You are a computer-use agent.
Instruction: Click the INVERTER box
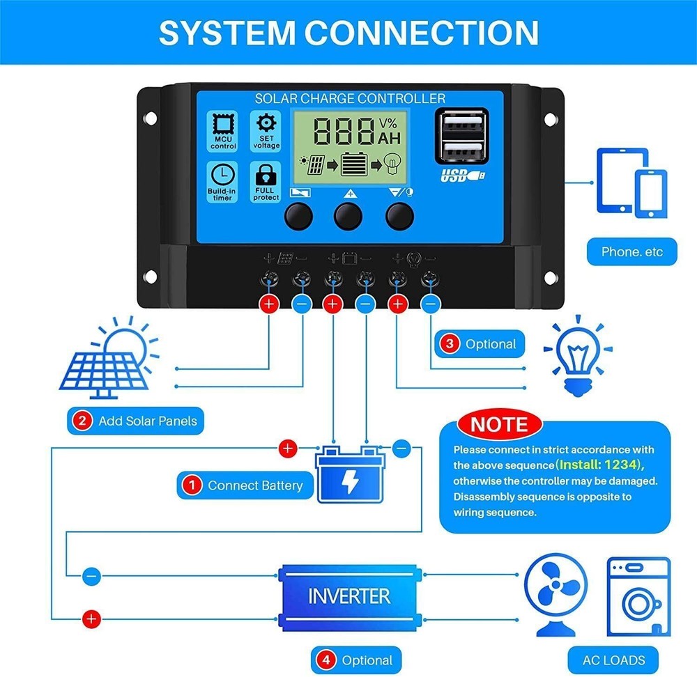point(349,596)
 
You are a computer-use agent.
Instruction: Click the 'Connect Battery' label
point(244,485)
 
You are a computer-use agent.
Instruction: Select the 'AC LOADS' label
point(613,659)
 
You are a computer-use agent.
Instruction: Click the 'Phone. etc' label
point(632,251)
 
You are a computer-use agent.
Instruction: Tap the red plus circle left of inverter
point(91,618)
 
